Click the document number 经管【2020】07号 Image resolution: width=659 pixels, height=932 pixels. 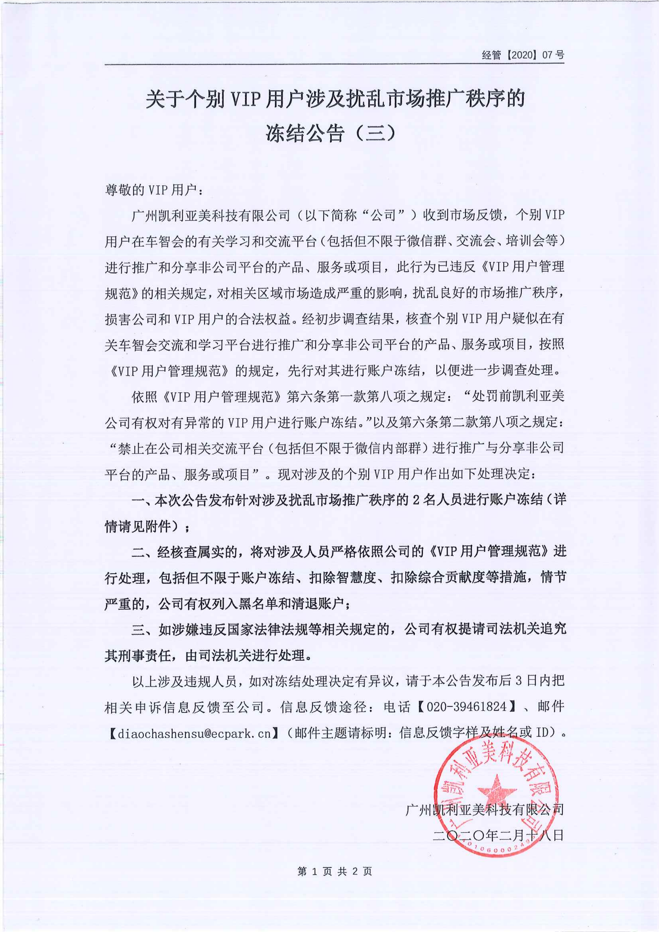coord(523,55)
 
